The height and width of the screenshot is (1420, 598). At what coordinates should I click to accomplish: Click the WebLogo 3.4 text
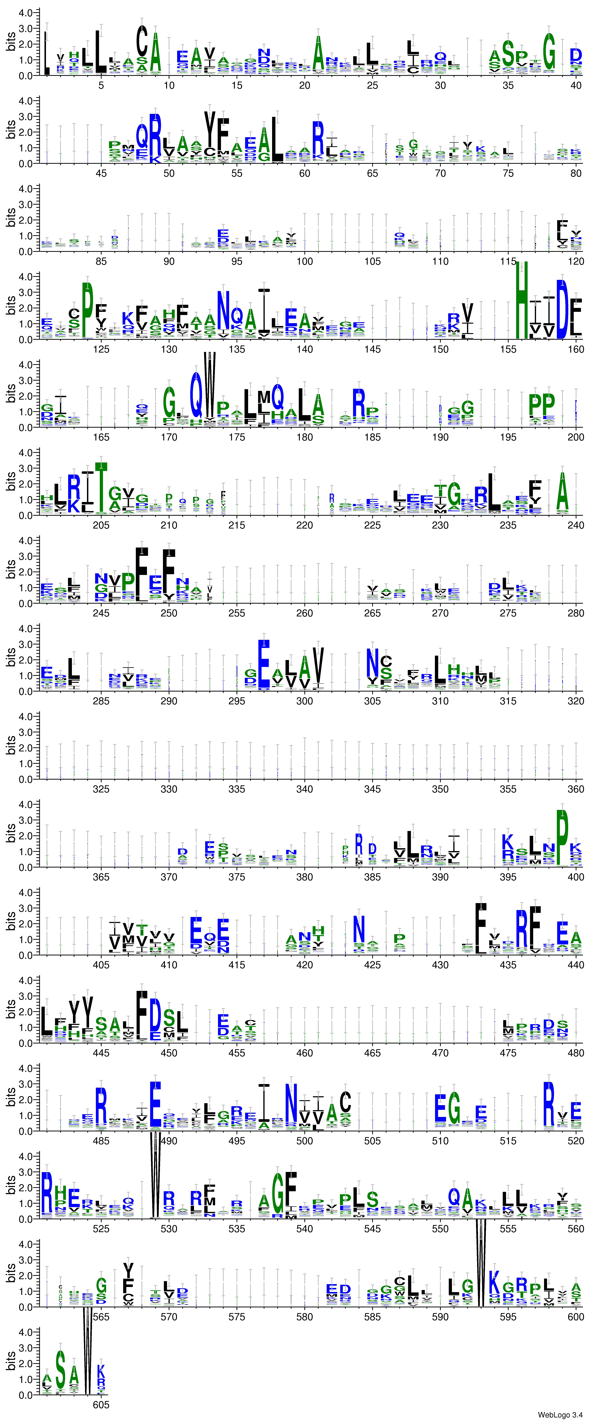(559, 1414)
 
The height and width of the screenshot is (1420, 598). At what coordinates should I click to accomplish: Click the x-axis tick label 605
(101, 1405)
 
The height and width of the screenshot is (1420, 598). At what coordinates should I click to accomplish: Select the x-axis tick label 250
(169, 613)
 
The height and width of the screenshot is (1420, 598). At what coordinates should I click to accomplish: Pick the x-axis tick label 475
(508, 1053)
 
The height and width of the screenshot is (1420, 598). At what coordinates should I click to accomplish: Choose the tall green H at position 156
(521, 300)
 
